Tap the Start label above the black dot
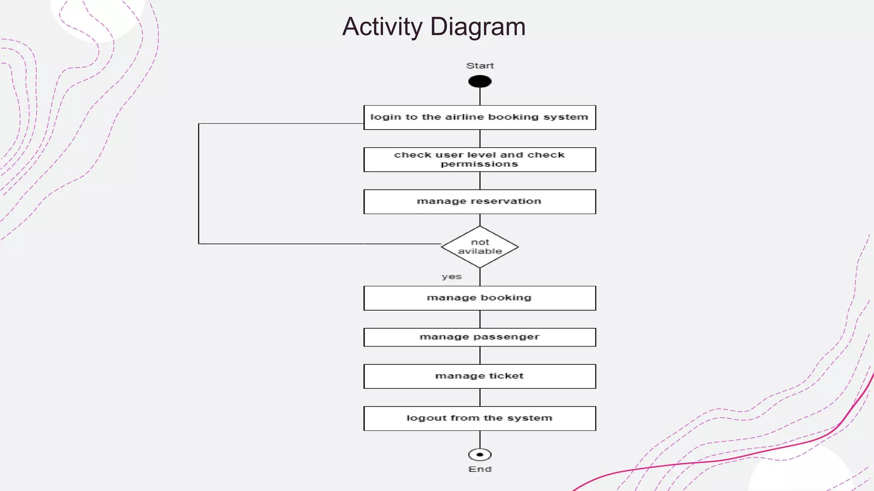(x=480, y=66)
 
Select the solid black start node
(x=480, y=81)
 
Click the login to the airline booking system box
(x=480, y=117)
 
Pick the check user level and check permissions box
(x=480, y=159)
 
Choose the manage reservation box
(x=480, y=202)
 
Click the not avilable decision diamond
(x=480, y=247)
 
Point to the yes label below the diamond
(x=452, y=277)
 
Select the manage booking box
(x=480, y=298)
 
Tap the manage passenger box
(x=480, y=337)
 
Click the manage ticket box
(x=480, y=376)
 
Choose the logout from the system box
(x=480, y=418)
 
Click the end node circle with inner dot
(x=480, y=455)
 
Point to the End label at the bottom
(x=480, y=469)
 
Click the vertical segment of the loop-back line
(x=198, y=183)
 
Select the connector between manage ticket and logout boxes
(x=480, y=397)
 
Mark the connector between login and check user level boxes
(x=480, y=139)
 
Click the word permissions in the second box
(x=479, y=165)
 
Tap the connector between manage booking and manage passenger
(x=480, y=319)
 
